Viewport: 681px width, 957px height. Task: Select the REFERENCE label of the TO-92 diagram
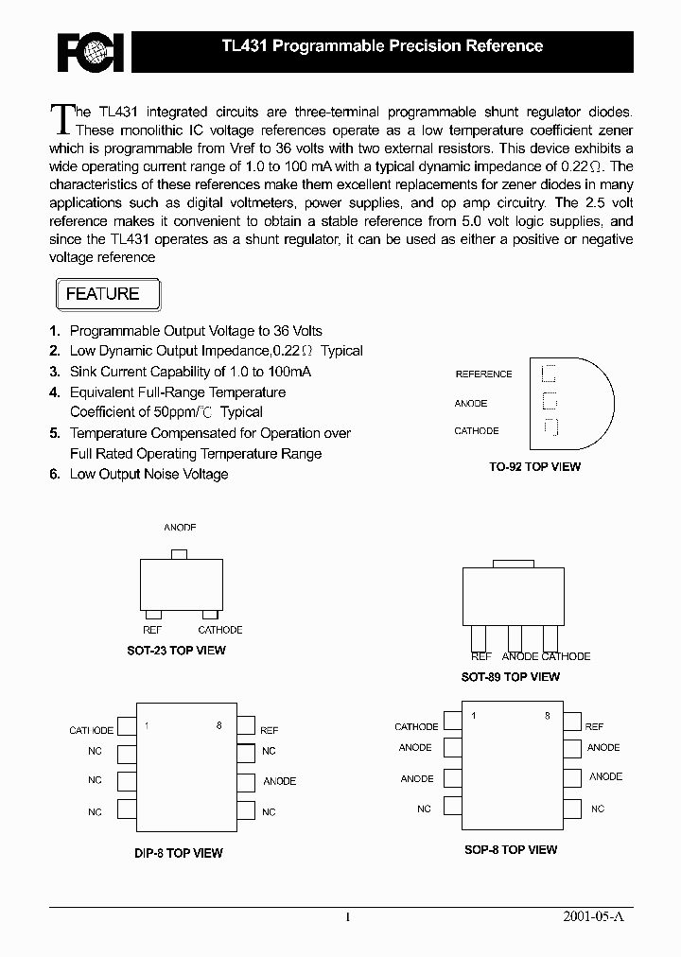[x=483, y=374]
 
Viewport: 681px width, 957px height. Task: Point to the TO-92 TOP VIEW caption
[x=534, y=466]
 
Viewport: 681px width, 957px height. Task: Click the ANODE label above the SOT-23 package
[x=180, y=528]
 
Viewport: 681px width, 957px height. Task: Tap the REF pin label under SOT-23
[x=152, y=630]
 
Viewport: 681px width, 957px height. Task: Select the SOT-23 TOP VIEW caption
[x=176, y=651]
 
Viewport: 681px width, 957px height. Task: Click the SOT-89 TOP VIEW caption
[x=510, y=677]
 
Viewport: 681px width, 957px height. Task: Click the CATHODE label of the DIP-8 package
[x=91, y=730]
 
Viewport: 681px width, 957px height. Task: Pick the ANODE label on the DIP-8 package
[x=279, y=781]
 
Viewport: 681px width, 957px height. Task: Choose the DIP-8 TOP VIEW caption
[x=178, y=853]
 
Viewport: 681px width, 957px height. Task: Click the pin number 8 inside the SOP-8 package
[x=547, y=716]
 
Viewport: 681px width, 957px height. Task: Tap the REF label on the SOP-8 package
[x=594, y=726]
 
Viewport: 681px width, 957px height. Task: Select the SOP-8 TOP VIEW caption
[x=511, y=850]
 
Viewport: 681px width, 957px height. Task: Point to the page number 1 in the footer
[x=348, y=917]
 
